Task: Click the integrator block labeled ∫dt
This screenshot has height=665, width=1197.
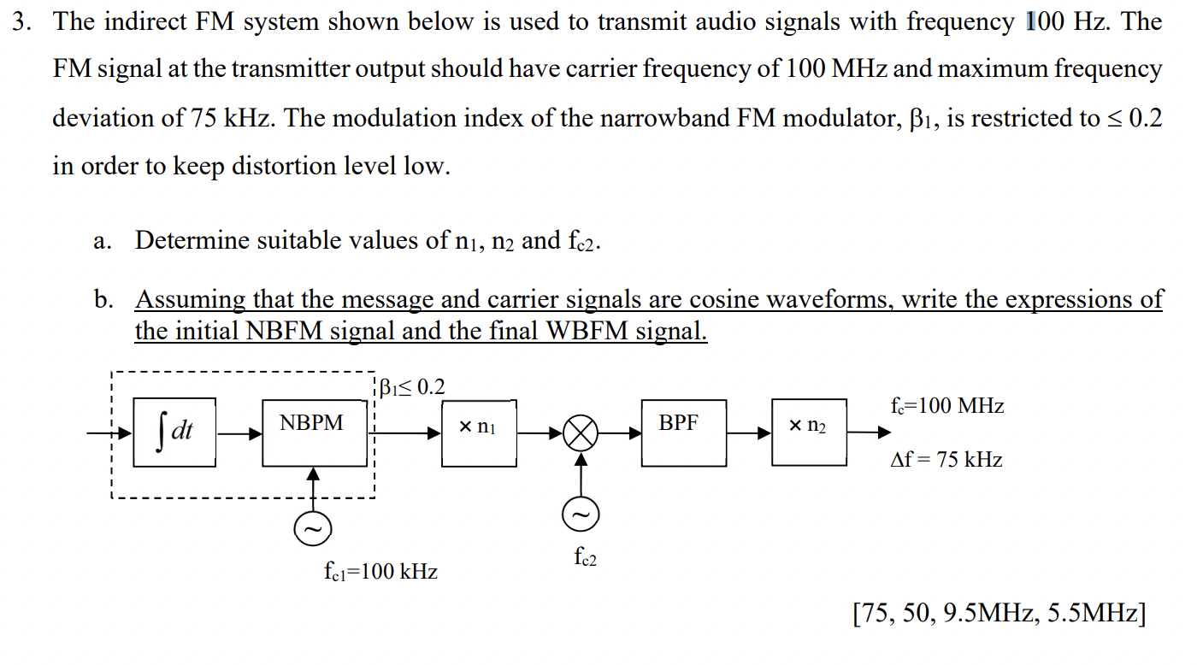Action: coord(175,432)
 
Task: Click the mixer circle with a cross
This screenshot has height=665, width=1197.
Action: coord(581,433)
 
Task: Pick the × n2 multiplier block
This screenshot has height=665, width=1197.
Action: coord(809,432)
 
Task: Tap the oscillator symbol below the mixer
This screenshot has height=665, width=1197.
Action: coord(581,515)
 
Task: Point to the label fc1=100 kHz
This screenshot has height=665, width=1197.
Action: coord(380,571)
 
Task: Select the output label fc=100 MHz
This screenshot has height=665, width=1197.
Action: coord(946,406)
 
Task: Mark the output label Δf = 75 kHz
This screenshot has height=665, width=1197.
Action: coord(946,460)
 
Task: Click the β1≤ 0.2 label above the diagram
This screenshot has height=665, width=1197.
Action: coord(412,387)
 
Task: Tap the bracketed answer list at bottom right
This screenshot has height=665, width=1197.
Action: coord(999,613)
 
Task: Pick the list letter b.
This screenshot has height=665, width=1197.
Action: coord(103,300)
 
